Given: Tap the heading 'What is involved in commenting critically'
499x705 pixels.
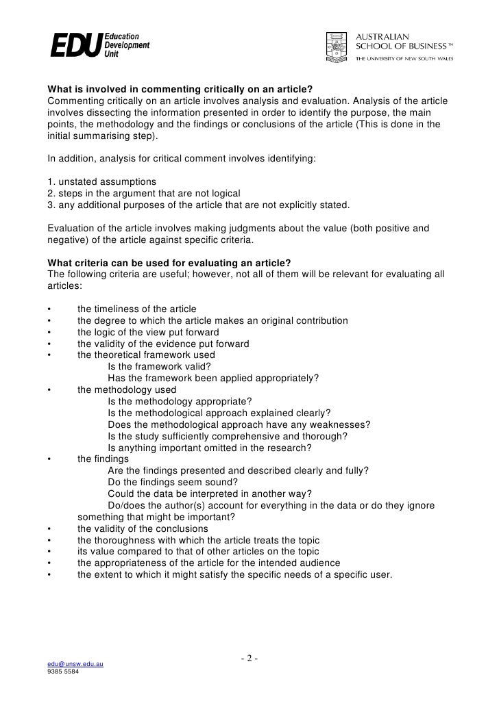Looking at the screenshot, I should [x=179, y=89].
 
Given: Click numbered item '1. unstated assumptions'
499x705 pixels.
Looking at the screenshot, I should [x=102, y=181].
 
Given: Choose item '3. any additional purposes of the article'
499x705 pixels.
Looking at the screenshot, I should [x=198, y=205].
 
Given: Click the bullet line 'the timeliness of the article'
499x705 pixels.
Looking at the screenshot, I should [x=136, y=309].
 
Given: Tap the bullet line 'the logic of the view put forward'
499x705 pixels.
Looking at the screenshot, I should [x=148, y=332].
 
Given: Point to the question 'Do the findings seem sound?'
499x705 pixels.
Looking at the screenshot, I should [x=175, y=482].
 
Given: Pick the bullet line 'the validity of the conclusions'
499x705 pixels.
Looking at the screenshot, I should [x=143, y=528].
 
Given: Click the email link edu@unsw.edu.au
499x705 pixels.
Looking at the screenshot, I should [x=75, y=665].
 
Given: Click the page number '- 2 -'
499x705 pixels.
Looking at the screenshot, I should [x=249, y=658].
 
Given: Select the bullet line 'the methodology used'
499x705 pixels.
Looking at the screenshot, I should [x=127, y=389].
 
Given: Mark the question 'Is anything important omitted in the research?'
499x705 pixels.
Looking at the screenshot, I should [x=210, y=448].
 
